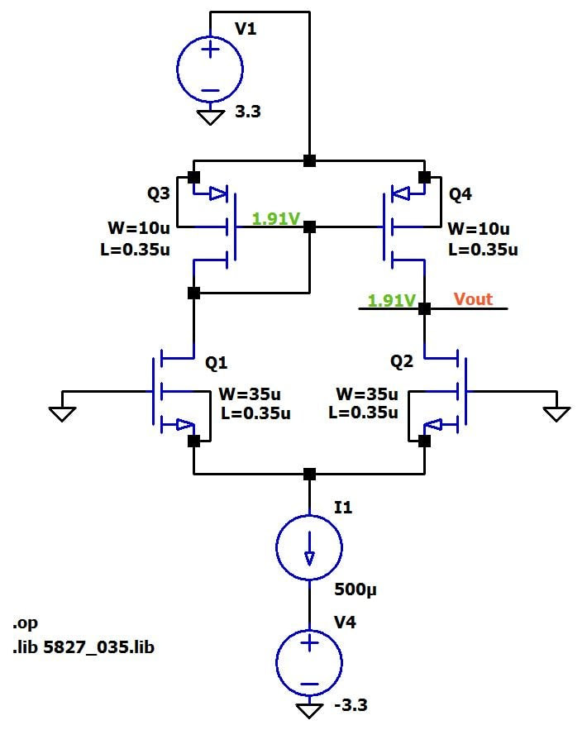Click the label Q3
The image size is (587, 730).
(x=159, y=193)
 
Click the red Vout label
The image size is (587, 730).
(x=473, y=298)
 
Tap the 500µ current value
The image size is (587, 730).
(x=356, y=590)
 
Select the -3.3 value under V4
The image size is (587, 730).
(x=351, y=706)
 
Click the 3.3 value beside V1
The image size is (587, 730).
(x=247, y=112)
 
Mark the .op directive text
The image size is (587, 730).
(x=26, y=623)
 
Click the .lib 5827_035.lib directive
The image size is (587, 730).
(x=84, y=647)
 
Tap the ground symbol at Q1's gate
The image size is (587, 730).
(x=62, y=412)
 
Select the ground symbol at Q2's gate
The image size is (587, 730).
(x=556, y=412)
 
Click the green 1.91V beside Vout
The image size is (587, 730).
(x=391, y=301)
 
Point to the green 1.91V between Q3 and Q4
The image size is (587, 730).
(x=276, y=219)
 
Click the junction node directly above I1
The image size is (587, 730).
(x=309, y=474)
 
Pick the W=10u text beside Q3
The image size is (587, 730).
(x=138, y=228)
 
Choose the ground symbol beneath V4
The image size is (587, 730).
(x=309, y=711)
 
